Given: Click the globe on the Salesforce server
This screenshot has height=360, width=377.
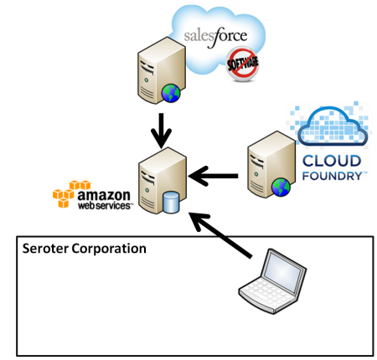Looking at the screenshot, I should (x=172, y=95).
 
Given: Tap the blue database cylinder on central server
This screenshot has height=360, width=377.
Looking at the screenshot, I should (x=171, y=202).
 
